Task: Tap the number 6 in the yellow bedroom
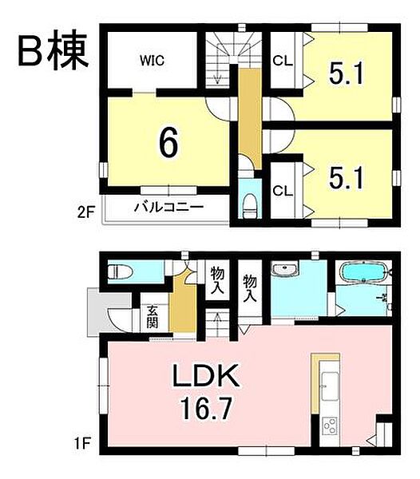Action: point(168,143)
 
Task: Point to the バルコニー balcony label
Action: point(168,208)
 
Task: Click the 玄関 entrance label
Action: point(151,317)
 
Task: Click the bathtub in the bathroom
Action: point(363,271)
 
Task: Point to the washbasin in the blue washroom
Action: point(284,271)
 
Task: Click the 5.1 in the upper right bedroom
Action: point(348,74)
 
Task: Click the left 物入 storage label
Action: point(215,282)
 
